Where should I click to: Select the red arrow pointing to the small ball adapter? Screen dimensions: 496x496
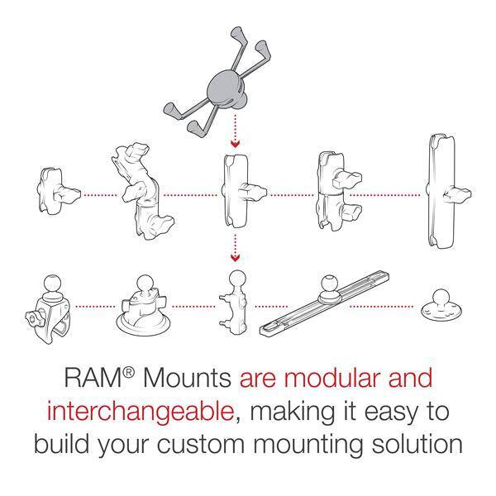pos(235,246)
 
